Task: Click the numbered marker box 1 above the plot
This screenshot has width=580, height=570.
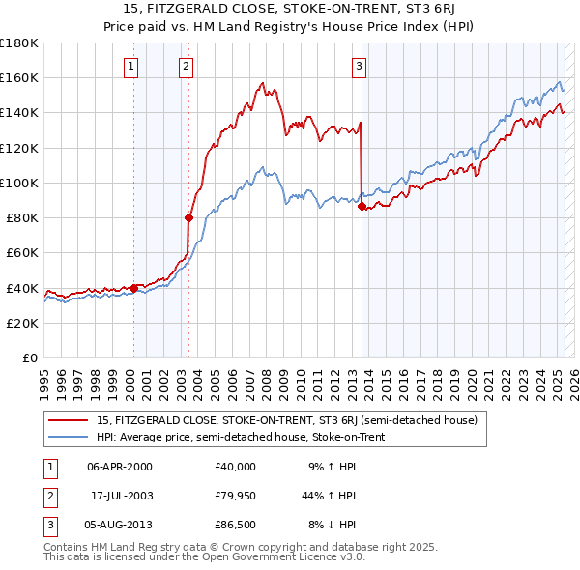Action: (130, 67)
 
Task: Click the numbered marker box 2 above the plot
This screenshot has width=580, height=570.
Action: (186, 67)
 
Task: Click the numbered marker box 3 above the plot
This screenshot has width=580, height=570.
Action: (359, 67)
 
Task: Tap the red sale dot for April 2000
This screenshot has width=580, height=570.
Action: (133, 288)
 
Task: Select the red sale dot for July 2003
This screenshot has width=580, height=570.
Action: (188, 218)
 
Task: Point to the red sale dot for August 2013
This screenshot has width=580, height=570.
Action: (362, 206)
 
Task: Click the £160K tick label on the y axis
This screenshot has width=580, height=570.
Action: (19, 78)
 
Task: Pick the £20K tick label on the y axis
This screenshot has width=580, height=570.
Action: (23, 323)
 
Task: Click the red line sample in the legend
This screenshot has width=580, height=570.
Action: (68, 420)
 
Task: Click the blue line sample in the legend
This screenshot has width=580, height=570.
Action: (68, 437)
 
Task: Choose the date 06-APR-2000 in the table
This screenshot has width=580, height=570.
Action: (120, 467)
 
